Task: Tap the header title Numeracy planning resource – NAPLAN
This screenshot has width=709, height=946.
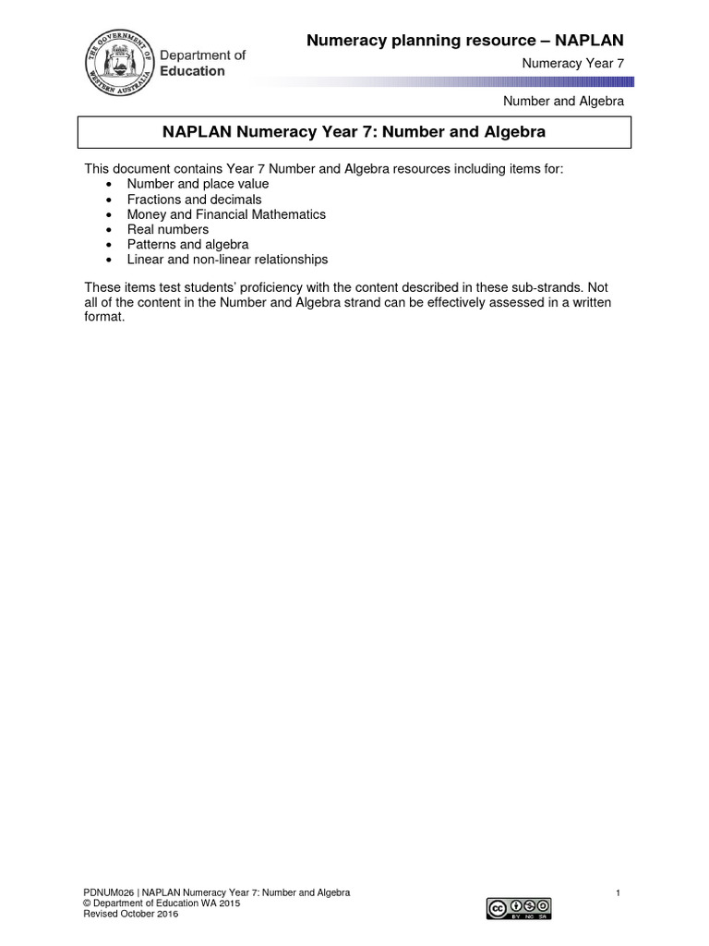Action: point(464,40)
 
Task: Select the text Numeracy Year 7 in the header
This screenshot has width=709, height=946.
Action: point(572,63)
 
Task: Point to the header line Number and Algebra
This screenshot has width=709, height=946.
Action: point(563,101)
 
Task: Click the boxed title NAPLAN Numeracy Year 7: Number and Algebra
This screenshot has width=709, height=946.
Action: point(354,132)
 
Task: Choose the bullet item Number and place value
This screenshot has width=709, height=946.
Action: point(198,184)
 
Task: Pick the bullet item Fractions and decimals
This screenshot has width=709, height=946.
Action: point(194,200)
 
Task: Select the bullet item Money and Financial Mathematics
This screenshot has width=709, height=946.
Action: point(226,214)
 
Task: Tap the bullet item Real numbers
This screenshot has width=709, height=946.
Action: point(168,229)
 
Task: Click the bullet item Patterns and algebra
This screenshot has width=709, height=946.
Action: point(187,245)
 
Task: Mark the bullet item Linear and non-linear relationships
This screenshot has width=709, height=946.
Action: point(227,260)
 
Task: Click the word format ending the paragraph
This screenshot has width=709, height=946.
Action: point(103,317)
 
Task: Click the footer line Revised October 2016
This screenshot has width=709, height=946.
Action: point(131,914)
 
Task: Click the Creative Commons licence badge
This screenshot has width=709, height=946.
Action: point(519,907)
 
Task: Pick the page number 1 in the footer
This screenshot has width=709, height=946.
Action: point(617,892)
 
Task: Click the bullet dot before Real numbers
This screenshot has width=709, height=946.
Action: point(109,230)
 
